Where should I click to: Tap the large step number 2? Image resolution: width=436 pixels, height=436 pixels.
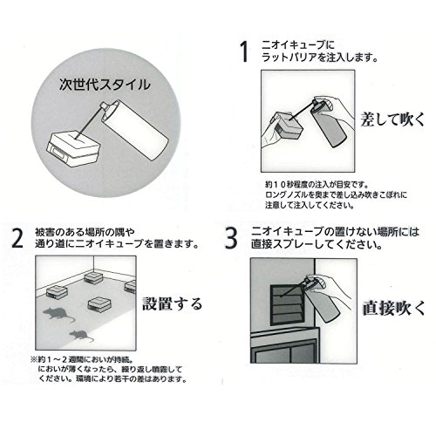17,238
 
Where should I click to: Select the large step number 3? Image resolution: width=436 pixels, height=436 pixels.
231,238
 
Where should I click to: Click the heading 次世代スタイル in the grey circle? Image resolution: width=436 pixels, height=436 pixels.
105,85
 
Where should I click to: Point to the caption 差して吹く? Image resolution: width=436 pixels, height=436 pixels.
392,119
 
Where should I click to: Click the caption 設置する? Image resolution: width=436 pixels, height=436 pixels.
172,303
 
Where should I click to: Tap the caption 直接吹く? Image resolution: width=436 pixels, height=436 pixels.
393,309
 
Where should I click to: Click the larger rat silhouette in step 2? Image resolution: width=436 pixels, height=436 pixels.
58,314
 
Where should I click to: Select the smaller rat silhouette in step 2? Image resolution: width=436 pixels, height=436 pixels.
80,336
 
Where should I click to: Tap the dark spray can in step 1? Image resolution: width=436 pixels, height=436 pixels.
329,123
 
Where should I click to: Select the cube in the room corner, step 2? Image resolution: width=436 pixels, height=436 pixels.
93,277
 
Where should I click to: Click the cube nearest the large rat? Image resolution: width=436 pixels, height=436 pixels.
56,292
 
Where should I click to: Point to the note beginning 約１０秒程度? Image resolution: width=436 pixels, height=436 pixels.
336,194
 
